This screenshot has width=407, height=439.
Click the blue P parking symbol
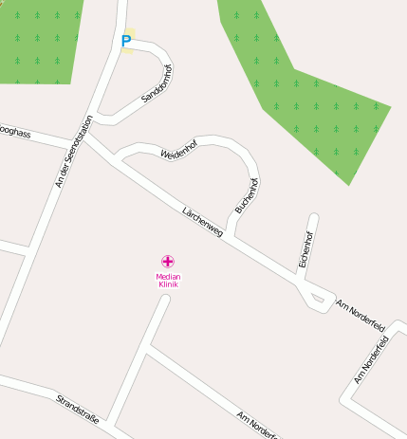[126, 42]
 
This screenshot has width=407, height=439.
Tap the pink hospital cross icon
[168, 261]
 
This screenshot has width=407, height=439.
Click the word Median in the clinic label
[168, 276]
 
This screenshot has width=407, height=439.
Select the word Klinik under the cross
[168, 284]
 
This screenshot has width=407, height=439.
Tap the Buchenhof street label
[246, 194]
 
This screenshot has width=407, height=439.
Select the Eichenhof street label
[305, 249]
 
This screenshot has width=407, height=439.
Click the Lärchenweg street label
[201, 221]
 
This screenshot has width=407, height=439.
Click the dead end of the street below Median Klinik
[165, 300]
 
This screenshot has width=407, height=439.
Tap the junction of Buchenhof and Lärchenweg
[231, 235]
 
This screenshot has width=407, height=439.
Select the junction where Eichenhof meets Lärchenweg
[302, 282]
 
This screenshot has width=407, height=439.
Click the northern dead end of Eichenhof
[313, 219]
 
